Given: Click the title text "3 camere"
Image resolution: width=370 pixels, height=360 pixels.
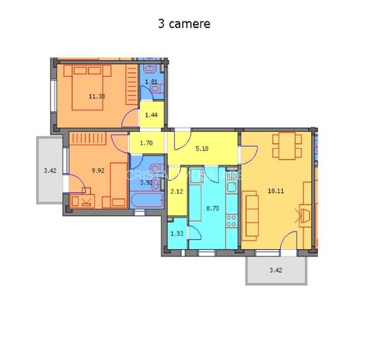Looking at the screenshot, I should (184, 24).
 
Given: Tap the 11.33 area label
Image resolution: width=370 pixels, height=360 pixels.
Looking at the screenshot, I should (97, 97).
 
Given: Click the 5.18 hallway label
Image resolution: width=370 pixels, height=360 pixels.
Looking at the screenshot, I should (202, 149).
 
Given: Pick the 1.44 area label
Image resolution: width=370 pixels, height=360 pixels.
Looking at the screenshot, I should (151, 115).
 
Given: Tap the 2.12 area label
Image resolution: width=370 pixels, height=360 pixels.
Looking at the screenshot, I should (177, 190).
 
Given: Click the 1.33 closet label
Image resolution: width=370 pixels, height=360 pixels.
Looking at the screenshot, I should (177, 233).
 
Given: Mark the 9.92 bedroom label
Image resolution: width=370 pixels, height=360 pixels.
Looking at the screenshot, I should (98, 171).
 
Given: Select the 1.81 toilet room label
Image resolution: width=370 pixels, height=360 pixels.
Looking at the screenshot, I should (151, 82).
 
